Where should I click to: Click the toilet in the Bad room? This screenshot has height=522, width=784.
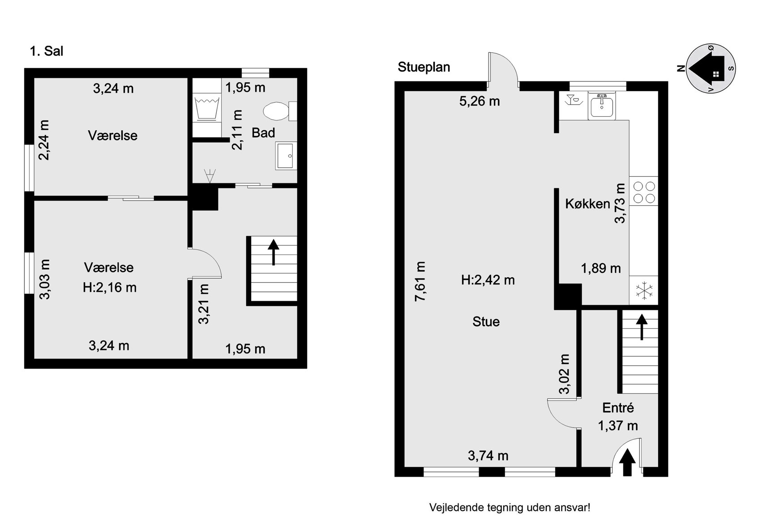[x=280, y=111]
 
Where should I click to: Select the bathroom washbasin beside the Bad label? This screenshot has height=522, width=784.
[x=286, y=156]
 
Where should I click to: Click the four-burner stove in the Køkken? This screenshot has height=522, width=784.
[x=644, y=191]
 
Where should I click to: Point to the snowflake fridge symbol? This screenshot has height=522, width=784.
[x=644, y=290]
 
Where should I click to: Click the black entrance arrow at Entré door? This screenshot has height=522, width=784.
[x=627, y=462]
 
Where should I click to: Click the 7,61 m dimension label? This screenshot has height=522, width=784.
[x=420, y=281]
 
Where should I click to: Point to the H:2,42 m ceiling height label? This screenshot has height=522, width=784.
[x=488, y=280]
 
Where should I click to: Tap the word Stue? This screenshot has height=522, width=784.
[x=486, y=322]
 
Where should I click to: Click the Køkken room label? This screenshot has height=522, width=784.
[x=587, y=204]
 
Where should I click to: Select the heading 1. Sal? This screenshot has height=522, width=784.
[x=46, y=51]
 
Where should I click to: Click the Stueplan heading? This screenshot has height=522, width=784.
[x=424, y=67]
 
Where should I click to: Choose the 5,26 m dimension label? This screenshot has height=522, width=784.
[x=479, y=101]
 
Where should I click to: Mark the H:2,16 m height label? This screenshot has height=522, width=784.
[x=110, y=287]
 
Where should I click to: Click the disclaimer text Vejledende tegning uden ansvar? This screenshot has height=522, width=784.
[x=510, y=508]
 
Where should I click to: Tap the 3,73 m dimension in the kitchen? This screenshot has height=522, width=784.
[x=620, y=203]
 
